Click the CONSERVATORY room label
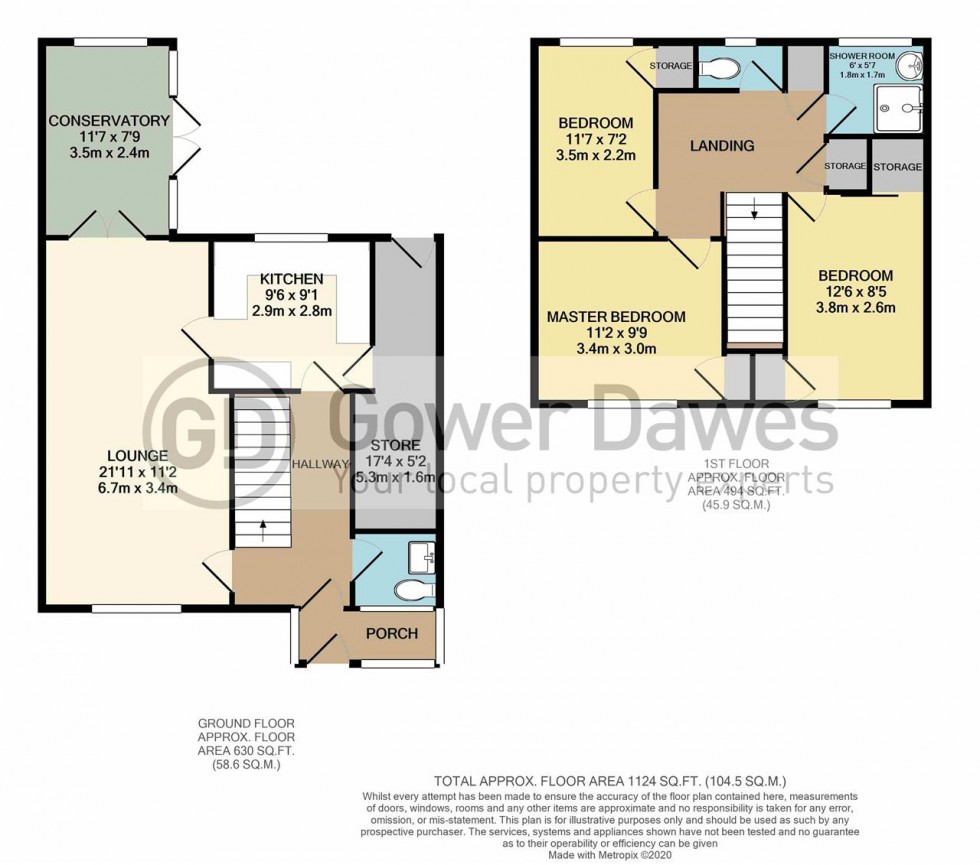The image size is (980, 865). [x=109, y=122]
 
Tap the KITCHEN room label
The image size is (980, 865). [x=291, y=278]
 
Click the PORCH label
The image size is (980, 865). [x=391, y=633]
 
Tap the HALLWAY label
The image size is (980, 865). [x=320, y=464]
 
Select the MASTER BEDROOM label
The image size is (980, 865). [x=616, y=317]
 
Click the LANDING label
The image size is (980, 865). [x=723, y=146]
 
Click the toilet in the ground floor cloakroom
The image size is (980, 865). [x=411, y=590]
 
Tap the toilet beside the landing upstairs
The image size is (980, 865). [x=721, y=68]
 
